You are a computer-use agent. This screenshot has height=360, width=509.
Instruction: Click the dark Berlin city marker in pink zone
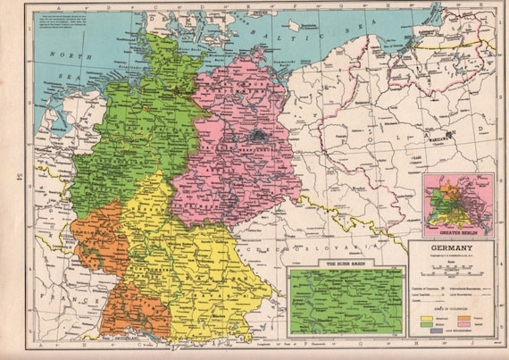(260, 137)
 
